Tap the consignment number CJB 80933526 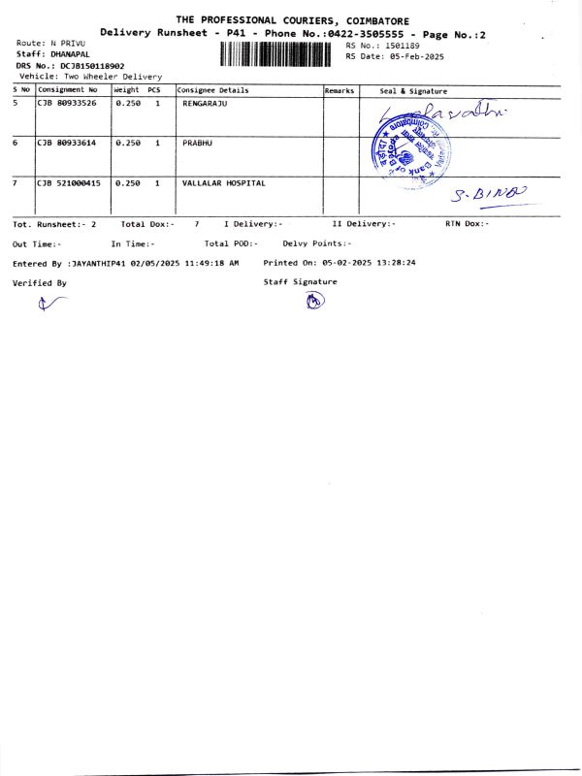[67, 103]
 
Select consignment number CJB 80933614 [67, 143]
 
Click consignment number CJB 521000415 [69, 182]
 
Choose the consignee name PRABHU [197, 143]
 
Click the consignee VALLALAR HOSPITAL [223, 182]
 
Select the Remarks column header [339, 90]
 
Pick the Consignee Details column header [212, 90]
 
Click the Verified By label [39, 283]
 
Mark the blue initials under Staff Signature [313, 301]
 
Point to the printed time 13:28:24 [397, 263]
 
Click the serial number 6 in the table [16, 143]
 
